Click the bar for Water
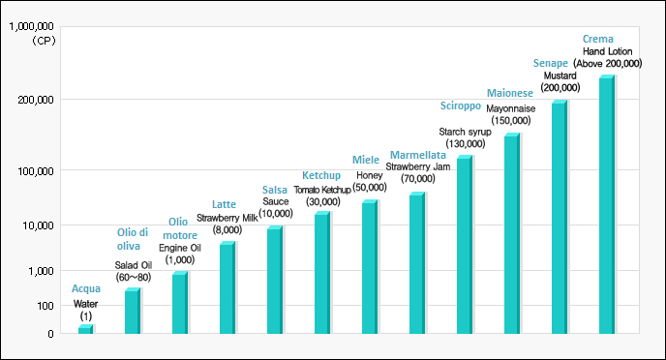pyautogui.click(x=85, y=330)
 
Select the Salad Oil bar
pyautogui.click(x=132, y=312)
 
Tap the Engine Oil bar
pyautogui.click(x=179, y=303)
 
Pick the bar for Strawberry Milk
pyautogui.click(x=227, y=288)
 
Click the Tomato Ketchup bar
pyautogui.click(x=321, y=273)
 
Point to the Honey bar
pyautogui.click(x=369, y=267)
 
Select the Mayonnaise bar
pyautogui.click(x=511, y=234)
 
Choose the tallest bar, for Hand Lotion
pyautogui.click(x=606, y=205)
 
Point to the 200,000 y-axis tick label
pyautogui.click(x=37, y=100)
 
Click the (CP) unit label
pyautogui.click(x=43, y=41)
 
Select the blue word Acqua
pyautogui.click(x=86, y=289)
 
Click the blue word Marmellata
pyautogui.click(x=417, y=155)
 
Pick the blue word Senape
pyautogui.click(x=551, y=63)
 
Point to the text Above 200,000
pyautogui.click(x=609, y=63)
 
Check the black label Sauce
pyautogui.click(x=275, y=201)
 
